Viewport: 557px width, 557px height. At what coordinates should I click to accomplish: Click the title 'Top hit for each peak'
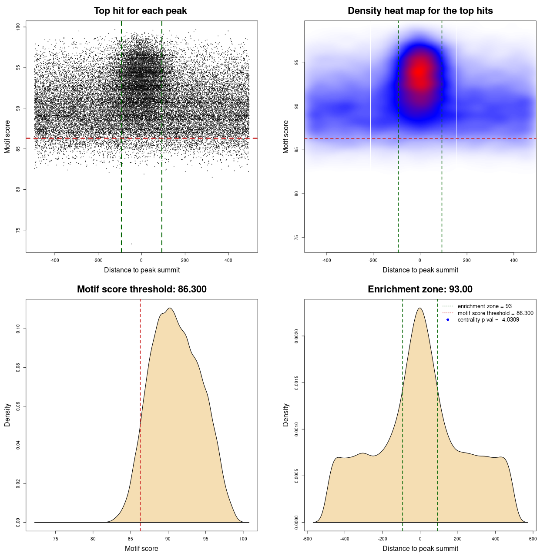pos(140,11)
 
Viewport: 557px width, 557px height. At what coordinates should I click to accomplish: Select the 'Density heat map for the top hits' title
pos(420,11)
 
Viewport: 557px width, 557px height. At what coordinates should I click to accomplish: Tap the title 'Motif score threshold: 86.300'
pos(141,289)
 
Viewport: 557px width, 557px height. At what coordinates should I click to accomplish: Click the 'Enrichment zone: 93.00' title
pos(420,289)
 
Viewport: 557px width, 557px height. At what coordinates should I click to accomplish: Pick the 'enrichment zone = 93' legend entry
pos(484,306)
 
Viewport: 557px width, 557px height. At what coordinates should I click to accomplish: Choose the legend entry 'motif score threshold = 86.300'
pos(495,313)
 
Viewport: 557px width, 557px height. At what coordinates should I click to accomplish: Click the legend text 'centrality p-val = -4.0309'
pos(488,320)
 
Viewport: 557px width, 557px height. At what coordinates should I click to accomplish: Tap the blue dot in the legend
pos(448,320)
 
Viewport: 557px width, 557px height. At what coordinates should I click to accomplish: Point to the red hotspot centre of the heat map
pos(419,72)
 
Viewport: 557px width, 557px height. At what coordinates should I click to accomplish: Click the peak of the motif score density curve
pos(170,308)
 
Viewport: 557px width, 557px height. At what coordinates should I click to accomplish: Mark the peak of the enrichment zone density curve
pos(420,308)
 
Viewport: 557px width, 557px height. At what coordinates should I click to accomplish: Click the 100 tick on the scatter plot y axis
pos(18,27)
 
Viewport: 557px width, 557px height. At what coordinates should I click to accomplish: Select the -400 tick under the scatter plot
pos(55,260)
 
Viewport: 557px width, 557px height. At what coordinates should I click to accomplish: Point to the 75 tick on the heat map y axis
pos(297,238)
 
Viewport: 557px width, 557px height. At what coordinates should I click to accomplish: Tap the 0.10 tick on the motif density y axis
pos(18,329)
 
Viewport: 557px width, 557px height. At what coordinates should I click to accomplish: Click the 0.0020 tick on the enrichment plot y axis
pos(297,336)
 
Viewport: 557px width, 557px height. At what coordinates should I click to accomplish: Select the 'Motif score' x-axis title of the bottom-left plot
pos(141,548)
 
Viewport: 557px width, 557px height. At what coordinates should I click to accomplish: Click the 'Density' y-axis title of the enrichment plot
pos(286,415)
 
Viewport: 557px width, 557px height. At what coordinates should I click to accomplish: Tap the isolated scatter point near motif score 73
pos(131,244)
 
